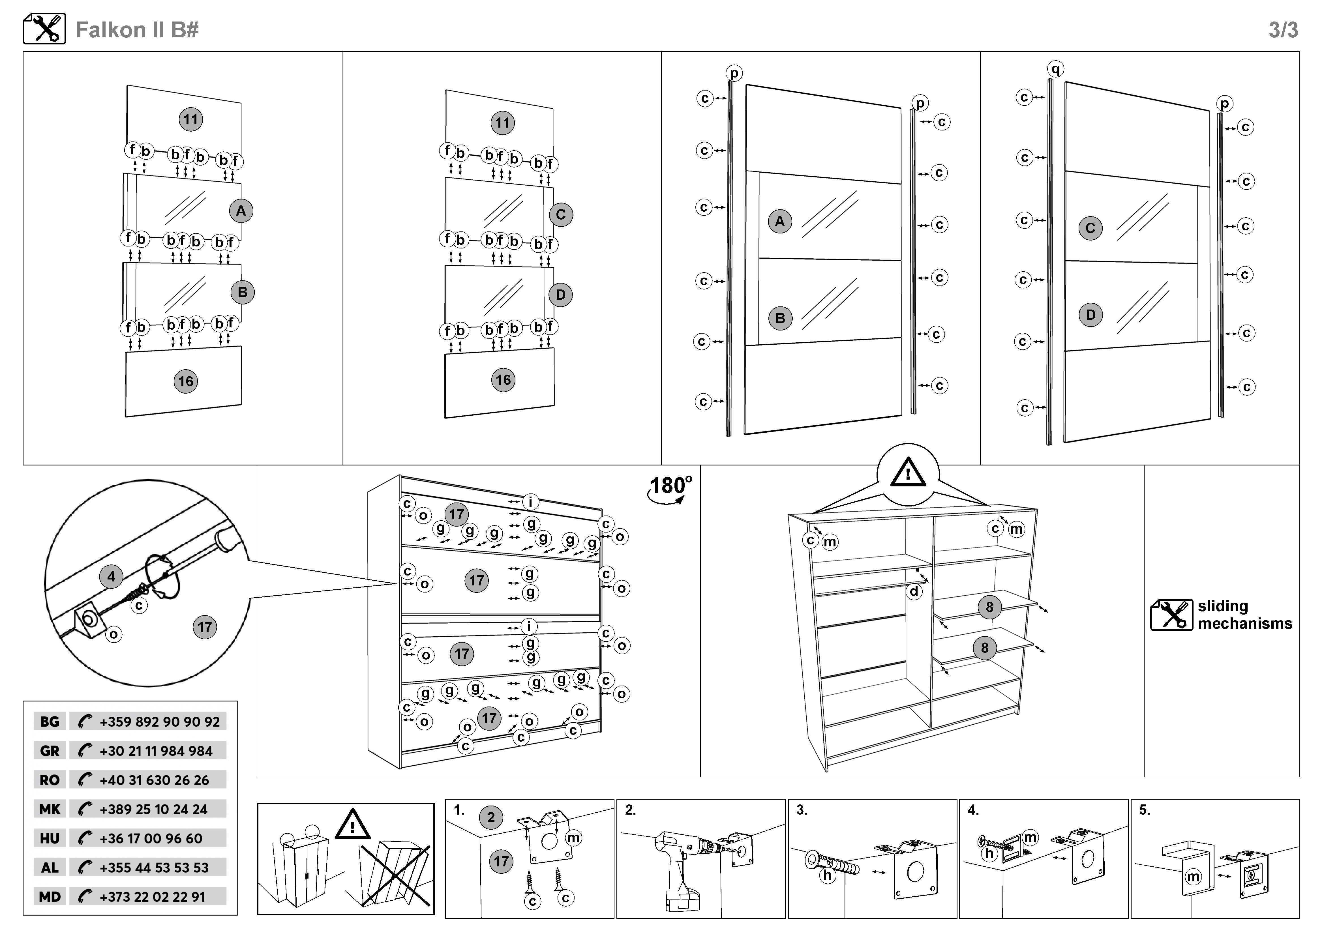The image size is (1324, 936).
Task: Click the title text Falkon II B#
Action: (x=137, y=30)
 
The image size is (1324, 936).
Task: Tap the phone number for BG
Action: (x=159, y=722)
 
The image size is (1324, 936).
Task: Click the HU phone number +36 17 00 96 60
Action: (x=151, y=838)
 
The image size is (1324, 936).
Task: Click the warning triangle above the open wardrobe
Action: (x=908, y=474)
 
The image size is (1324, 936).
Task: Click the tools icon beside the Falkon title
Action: (x=44, y=29)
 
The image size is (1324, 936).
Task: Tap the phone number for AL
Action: (x=153, y=868)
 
